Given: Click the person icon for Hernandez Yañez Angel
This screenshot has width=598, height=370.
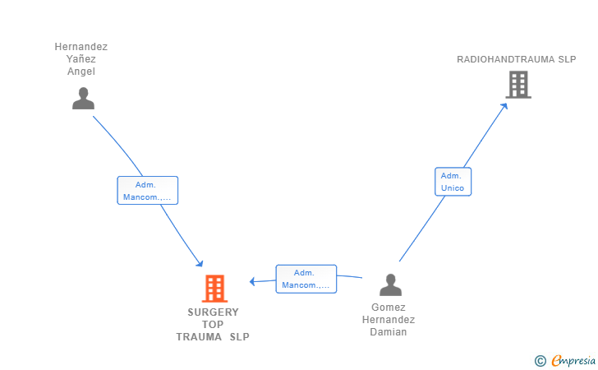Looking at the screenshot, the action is click(83, 99).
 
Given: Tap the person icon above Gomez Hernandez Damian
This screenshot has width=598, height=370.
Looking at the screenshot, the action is click(390, 284).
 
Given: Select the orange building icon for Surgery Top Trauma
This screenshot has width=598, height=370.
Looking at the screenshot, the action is click(214, 289).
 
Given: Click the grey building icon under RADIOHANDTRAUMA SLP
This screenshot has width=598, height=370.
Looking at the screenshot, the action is click(518, 85).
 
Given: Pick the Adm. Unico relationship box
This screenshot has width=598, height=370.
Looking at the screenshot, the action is click(453, 182).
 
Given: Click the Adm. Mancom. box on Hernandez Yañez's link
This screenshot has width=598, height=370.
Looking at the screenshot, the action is click(148, 191).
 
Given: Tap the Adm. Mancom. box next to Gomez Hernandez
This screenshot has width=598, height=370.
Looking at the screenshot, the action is click(306, 279).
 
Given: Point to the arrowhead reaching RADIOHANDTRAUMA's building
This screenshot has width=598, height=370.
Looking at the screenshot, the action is click(504, 106).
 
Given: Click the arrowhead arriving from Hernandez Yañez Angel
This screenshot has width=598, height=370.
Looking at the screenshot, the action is click(200, 263).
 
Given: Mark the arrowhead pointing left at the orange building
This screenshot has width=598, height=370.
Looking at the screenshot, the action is click(252, 282).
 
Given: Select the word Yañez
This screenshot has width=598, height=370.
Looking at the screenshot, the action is click(80, 59).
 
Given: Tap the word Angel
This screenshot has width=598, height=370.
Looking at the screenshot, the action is click(80, 72).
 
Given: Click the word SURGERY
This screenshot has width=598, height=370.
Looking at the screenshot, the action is click(214, 312).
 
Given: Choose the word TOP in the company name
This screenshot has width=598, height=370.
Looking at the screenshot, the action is click(213, 325).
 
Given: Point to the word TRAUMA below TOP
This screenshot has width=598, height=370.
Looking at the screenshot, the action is click(199, 337).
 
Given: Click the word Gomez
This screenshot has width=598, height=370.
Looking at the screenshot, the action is click(389, 308).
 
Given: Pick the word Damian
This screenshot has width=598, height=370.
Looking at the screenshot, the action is click(389, 332).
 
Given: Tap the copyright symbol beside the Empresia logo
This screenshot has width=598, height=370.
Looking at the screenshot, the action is click(540, 361).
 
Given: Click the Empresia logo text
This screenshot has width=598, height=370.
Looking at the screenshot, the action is click(573, 361).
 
